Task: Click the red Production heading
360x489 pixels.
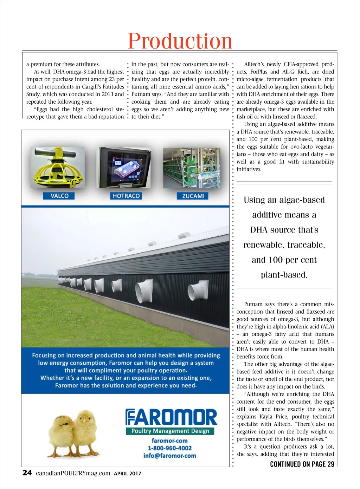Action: (180, 41)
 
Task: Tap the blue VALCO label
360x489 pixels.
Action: (59, 196)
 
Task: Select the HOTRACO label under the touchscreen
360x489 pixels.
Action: (126, 196)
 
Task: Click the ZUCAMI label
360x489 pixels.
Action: (193, 196)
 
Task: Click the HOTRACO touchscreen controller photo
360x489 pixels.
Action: (125, 167)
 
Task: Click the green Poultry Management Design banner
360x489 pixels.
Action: (170, 431)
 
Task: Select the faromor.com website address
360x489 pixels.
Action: (169, 441)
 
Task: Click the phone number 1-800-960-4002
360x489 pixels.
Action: (169, 448)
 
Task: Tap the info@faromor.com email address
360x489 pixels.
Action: (169, 456)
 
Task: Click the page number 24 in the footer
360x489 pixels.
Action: (27, 473)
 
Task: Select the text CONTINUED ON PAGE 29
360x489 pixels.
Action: (302, 464)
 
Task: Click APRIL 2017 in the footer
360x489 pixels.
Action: (127, 474)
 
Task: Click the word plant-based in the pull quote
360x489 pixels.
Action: (284, 275)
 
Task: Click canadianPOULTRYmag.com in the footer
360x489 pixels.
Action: (73, 473)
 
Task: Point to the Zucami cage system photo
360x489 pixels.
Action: (192, 168)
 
